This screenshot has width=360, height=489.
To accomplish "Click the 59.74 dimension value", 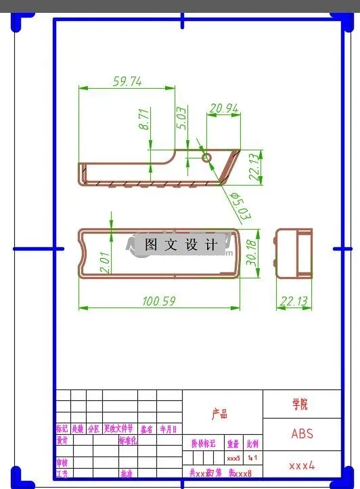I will (x=127, y=82).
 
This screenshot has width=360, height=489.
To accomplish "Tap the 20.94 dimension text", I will (x=223, y=108).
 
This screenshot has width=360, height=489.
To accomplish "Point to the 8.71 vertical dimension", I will (x=143, y=119).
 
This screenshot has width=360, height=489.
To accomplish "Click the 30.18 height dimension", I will (x=252, y=251).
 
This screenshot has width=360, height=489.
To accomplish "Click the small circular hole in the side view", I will (x=206, y=157).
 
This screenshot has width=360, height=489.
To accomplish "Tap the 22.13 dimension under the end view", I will (x=294, y=301).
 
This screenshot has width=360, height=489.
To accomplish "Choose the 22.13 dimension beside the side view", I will (x=254, y=167).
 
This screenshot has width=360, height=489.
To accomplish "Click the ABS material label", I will (x=302, y=433).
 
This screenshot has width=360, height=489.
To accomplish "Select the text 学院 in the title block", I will (x=300, y=404).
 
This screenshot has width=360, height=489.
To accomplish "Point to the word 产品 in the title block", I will (x=219, y=414).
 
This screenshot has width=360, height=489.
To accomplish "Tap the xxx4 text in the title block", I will (x=302, y=465).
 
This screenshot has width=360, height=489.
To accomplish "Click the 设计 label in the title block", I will (x=62, y=440).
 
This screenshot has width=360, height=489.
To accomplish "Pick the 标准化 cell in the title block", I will (x=128, y=440).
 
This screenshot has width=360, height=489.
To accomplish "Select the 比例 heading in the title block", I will (x=252, y=444).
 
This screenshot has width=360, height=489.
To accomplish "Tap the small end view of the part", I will (x=294, y=254).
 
